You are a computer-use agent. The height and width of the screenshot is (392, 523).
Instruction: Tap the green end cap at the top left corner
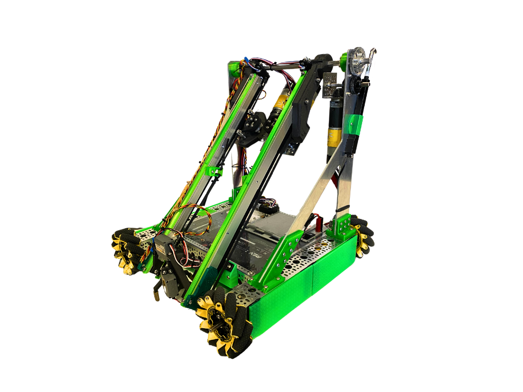pyautogui.click(x=235, y=68)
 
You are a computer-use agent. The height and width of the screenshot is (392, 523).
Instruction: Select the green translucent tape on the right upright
pyautogui.click(x=355, y=124)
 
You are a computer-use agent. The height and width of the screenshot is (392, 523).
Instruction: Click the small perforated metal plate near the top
pyautogui.click(x=329, y=80)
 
